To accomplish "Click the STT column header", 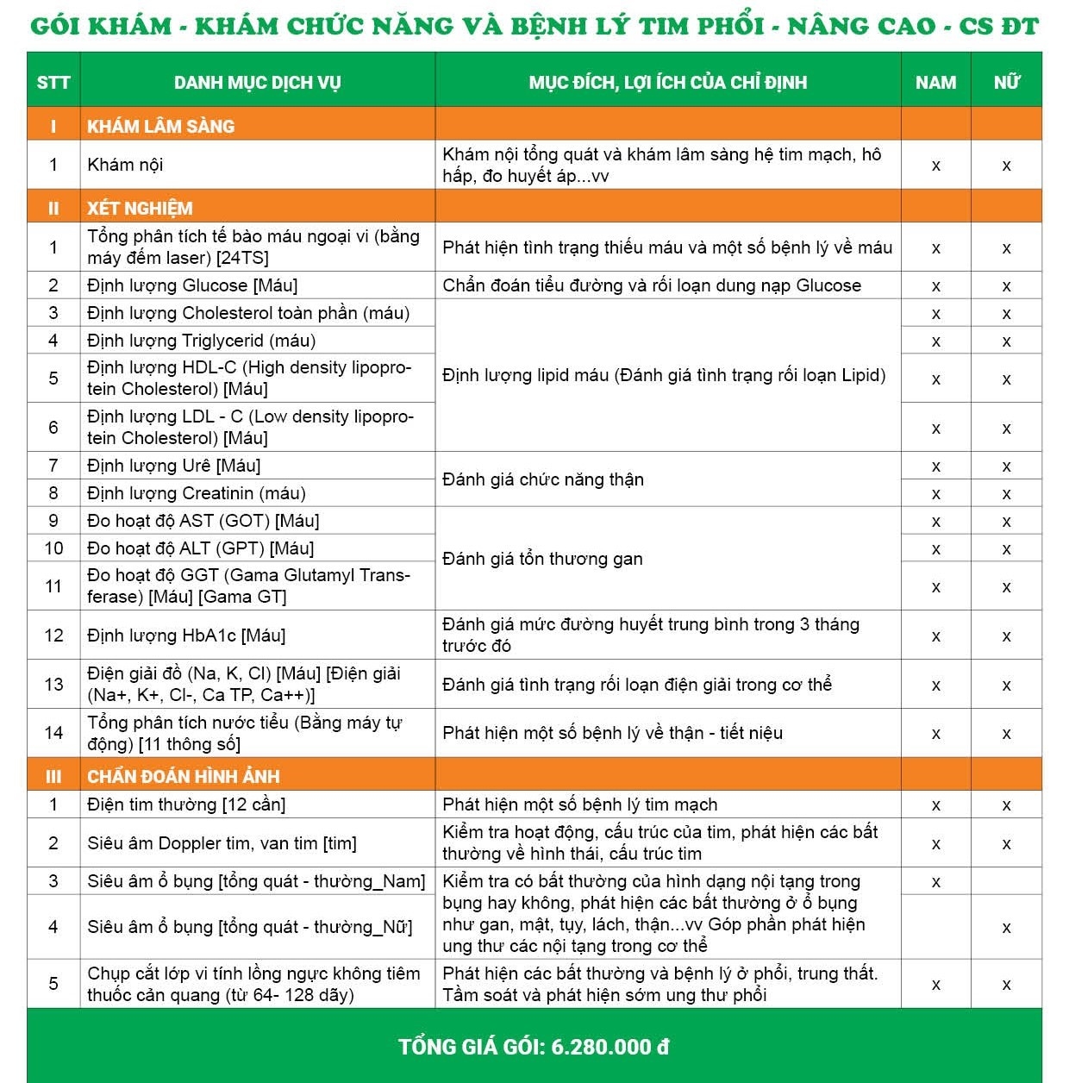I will tap(53, 83).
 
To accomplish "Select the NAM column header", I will tap(935, 83).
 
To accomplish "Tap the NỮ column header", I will tap(1006, 83).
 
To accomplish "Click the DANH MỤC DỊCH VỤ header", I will tap(257, 83).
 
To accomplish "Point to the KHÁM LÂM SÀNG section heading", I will tap(160, 126).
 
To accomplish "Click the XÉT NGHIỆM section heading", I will tap(140, 208).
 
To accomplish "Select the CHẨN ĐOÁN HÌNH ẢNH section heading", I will tap(183, 776).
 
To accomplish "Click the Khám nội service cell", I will tap(125, 165).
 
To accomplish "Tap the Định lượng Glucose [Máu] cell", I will tap(192, 285).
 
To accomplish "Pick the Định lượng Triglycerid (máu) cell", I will tap(201, 341).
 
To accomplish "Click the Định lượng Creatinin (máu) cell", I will tap(197, 493).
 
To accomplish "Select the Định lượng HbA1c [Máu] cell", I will tap(186, 635).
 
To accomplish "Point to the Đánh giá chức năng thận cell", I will tap(543, 479).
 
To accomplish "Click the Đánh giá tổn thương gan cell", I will tap(542, 559).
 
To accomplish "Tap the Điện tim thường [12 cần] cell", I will tap(186, 804).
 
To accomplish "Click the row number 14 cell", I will tap(53, 733).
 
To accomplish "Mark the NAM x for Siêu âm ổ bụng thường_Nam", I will tap(935, 882).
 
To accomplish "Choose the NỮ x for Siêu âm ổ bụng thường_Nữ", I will tap(1006, 928).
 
